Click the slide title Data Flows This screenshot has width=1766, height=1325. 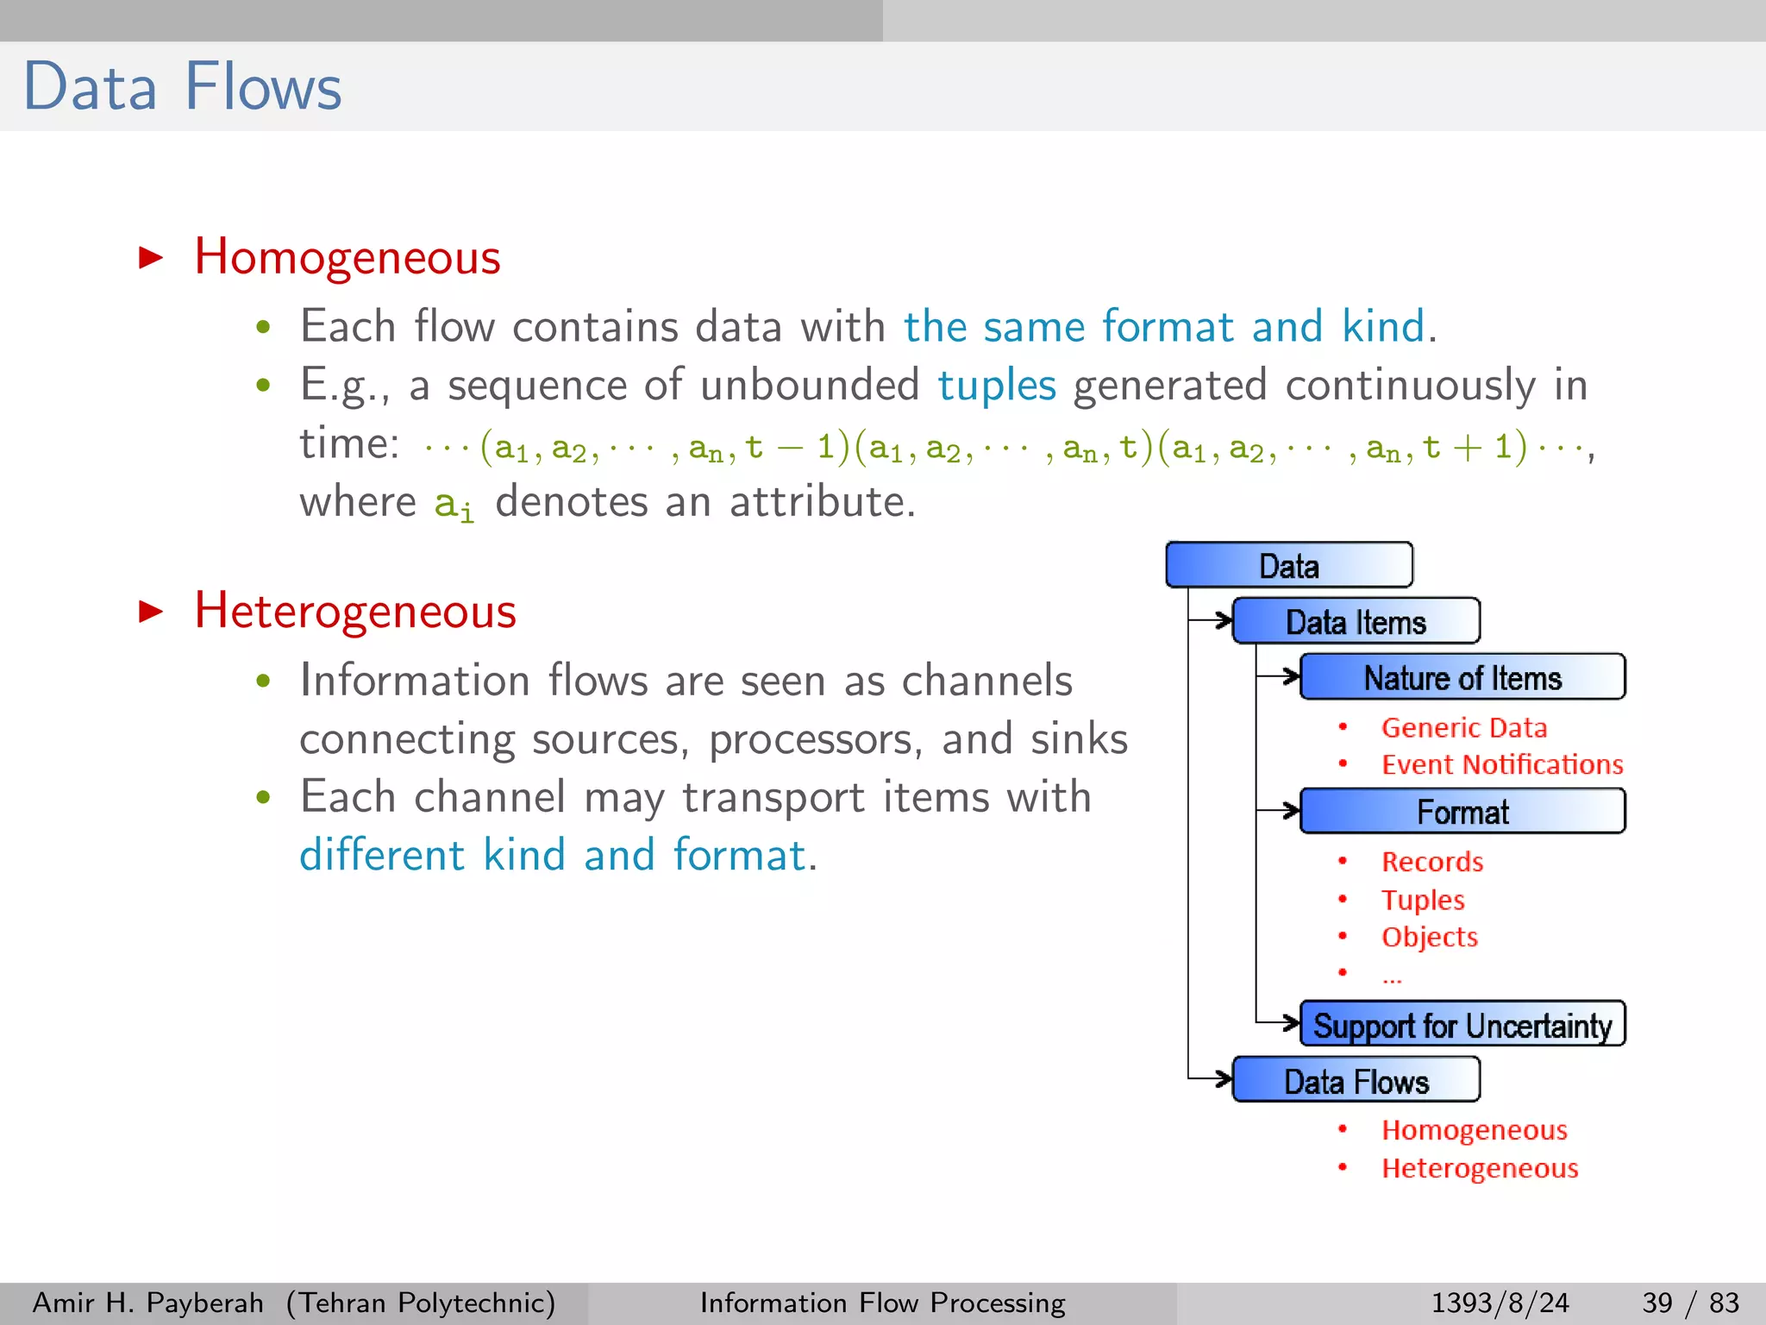[182, 87]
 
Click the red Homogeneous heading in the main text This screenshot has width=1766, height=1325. [347, 257]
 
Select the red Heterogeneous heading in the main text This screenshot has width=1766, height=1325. [354, 611]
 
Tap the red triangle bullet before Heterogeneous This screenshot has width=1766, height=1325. [151, 612]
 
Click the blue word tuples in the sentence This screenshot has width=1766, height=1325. [996, 385]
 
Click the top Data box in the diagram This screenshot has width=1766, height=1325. [1288, 566]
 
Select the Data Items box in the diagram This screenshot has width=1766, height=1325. [1356, 621]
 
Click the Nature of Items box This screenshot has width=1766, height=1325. [1462, 677]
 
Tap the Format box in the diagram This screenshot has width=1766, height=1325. [1462, 812]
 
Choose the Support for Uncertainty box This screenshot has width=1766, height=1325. [1462, 1025]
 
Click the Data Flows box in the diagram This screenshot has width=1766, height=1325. [1356, 1081]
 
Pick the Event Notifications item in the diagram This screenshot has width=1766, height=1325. [1501, 764]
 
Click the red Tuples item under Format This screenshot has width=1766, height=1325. [1423, 900]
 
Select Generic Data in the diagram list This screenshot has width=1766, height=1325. [1463, 727]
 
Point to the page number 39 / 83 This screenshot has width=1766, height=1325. [1690, 1303]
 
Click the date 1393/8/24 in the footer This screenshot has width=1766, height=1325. [1500, 1303]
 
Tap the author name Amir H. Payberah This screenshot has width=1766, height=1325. [147, 1303]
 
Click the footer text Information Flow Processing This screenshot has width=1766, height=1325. [882, 1303]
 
